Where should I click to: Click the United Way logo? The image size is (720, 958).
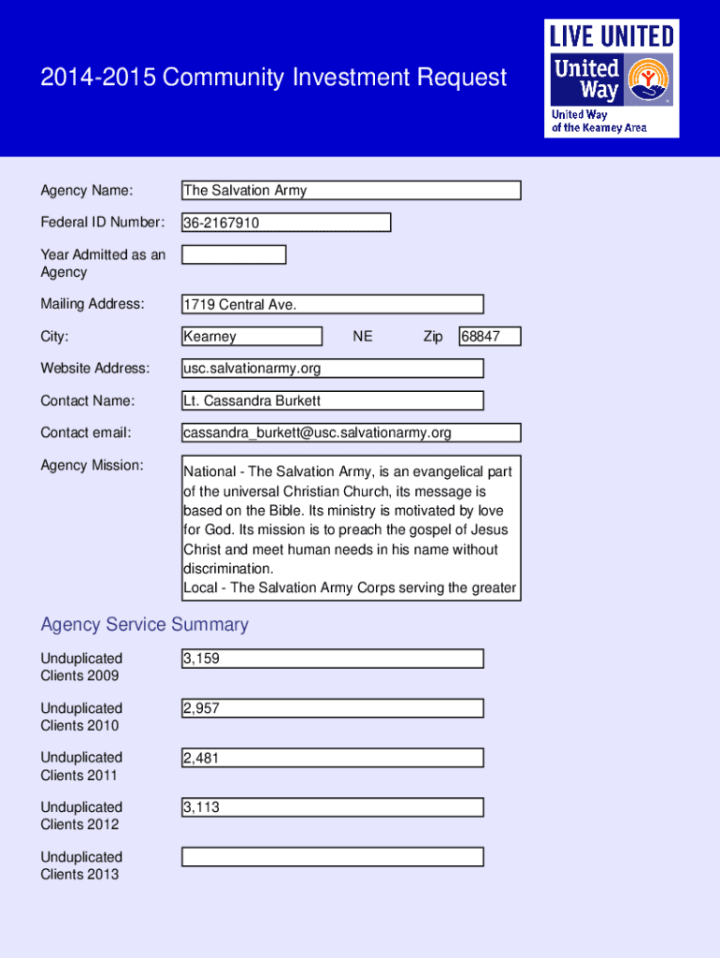point(612,79)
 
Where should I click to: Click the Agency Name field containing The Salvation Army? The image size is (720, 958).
point(351,191)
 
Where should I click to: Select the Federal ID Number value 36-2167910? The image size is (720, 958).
point(286,223)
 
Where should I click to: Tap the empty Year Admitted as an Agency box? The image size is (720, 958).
point(234,254)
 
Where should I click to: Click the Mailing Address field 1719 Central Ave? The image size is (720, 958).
point(333,304)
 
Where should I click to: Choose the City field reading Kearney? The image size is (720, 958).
point(252,337)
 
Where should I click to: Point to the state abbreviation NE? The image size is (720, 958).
point(363,337)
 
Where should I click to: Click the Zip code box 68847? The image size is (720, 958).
point(489,337)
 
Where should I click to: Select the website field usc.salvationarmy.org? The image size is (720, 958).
point(333,369)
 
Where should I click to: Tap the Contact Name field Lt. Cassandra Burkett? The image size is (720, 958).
point(333,400)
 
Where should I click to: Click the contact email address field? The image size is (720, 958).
point(351,432)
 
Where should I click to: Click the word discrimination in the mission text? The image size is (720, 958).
point(229,569)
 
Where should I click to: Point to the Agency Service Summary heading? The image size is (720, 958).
point(145,624)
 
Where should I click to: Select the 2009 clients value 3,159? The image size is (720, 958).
point(333,659)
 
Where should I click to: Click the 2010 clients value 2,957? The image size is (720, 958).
point(333,708)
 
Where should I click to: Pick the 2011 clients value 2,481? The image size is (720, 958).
point(333,758)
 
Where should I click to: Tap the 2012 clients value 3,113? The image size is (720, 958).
point(333,807)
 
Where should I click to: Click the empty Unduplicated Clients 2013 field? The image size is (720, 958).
point(333,857)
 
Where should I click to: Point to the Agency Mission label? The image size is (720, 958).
point(92,465)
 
